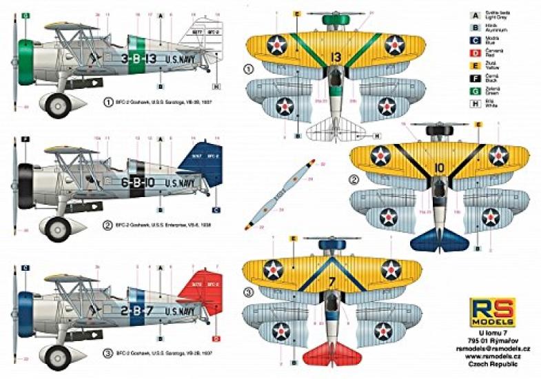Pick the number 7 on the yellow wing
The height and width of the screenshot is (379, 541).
click(331, 282)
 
